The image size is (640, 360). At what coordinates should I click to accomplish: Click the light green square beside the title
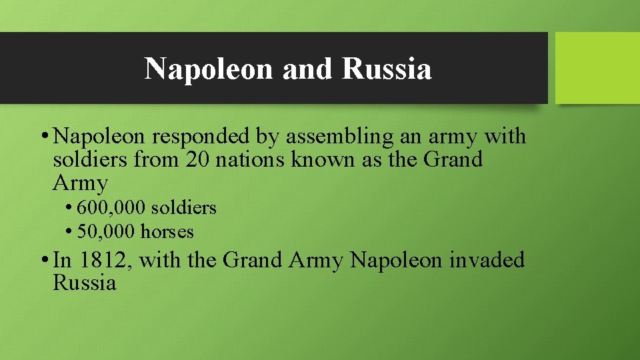pyautogui.click(x=597, y=68)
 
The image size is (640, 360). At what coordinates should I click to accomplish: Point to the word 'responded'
pyautogui.click(x=202, y=137)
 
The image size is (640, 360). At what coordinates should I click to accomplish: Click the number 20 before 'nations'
pyautogui.click(x=198, y=160)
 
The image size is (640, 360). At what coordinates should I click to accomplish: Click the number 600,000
pyautogui.click(x=111, y=208)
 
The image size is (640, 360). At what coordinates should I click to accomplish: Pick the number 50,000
pyautogui.click(x=106, y=232)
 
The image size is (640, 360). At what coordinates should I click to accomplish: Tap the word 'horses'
pyautogui.click(x=167, y=232)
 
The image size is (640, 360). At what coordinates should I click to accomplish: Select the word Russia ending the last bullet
pyautogui.click(x=84, y=283)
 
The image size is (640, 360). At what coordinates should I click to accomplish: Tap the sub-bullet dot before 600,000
pyautogui.click(x=69, y=209)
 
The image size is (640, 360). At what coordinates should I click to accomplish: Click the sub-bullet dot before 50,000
pyautogui.click(x=69, y=233)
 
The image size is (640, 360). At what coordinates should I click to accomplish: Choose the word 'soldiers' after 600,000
pyautogui.click(x=184, y=208)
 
